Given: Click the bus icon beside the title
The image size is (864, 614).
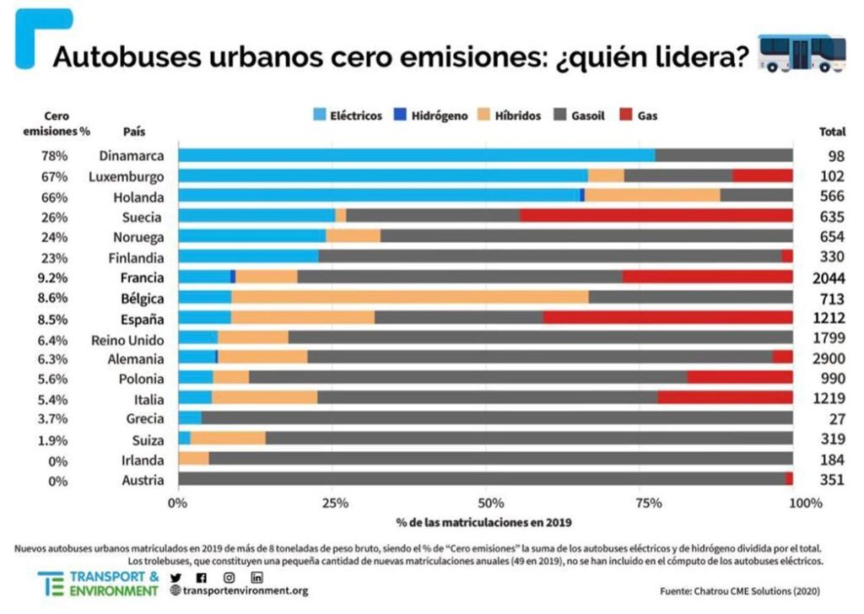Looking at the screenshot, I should pyautogui.click(x=801, y=54).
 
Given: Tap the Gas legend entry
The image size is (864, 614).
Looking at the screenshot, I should pyautogui.click(x=638, y=116).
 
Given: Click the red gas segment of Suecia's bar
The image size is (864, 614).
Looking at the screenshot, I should pyautogui.click(x=656, y=217).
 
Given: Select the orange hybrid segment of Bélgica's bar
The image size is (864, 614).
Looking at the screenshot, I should pyautogui.click(x=409, y=297).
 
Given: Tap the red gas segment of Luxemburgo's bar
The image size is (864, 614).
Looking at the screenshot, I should pyautogui.click(x=762, y=175).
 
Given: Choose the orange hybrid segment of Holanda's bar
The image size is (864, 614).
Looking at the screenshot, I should pyautogui.click(x=652, y=196).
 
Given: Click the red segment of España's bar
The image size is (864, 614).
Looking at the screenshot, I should pyautogui.click(x=667, y=318).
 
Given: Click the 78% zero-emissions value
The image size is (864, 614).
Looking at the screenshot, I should pyautogui.click(x=54, y=155).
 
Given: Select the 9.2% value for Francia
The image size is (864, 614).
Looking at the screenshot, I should pyautogui.click(x=54, y=277).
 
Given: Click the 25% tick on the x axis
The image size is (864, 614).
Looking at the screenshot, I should pyautogui.click(x=335, y=504).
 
